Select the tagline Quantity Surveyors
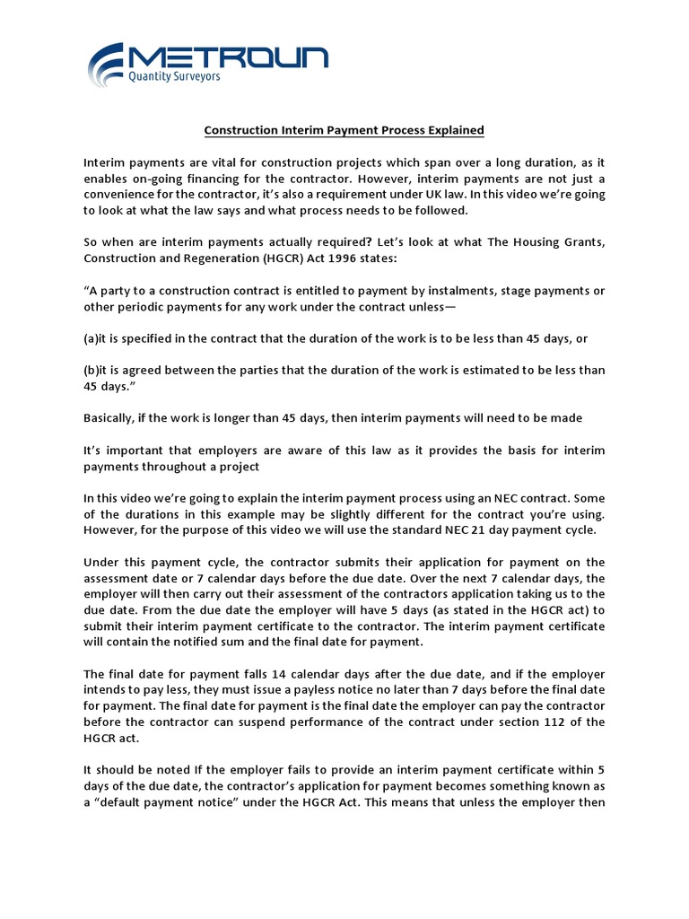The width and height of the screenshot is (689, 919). (x=175, y=77)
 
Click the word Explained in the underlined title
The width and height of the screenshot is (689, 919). (x=454, y=131)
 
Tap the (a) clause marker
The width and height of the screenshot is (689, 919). (x=92, y=338)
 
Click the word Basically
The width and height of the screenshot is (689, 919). (x=111, y=418)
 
